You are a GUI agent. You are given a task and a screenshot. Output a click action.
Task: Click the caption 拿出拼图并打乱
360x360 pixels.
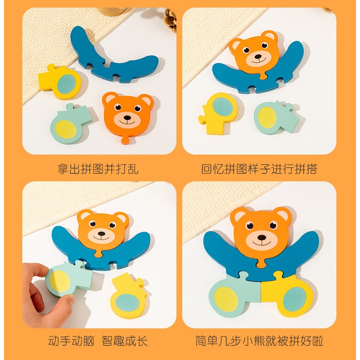point(98,169)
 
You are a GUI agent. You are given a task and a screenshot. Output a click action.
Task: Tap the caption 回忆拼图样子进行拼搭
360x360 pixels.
point(259,169)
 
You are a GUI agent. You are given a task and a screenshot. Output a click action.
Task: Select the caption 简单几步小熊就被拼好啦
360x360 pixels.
point(259,341)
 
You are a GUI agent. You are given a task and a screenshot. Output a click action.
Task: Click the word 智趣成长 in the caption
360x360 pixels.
point(125,341)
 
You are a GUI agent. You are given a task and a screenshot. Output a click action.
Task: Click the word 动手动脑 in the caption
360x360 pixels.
point(71,341)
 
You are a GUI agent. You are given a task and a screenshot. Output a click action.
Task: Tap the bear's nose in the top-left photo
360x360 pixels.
point(127,118)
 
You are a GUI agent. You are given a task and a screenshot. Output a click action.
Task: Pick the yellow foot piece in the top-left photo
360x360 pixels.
point(59,82)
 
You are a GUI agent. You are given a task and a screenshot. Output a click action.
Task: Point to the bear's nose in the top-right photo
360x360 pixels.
point(258,57)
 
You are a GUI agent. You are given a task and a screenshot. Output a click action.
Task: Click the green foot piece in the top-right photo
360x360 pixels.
point(275,117)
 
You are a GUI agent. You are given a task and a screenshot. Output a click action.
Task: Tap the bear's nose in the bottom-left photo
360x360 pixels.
point(102,234)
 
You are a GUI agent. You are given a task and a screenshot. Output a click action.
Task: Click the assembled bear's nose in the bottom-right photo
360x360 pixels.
point(262,237)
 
